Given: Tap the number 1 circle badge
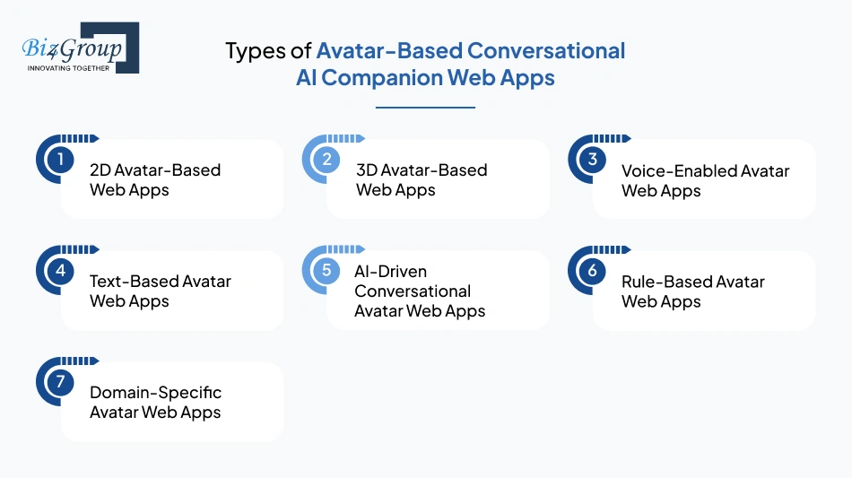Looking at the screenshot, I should [x=60, y=160].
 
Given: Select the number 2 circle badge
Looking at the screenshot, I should [x=326, y=160].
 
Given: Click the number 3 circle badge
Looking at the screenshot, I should [x=592, y=160].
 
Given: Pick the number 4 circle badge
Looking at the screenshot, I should [x=60, y=271].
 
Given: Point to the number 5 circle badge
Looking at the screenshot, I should [x=326, y=271].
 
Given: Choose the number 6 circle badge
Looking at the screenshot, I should [x=592, y=271].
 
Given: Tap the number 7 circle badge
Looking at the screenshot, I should [x=60, y=382].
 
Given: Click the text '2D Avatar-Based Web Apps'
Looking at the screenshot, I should [x=154, y=179].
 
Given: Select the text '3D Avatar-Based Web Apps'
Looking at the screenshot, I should [x=421, y=179].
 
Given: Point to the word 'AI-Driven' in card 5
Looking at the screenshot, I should [x=390, y=271].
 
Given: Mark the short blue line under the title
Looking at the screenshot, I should [x=425, y=108].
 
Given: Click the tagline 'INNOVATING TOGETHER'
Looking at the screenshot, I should [x=69, y=67].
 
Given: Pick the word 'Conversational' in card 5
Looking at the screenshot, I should [x=413, y=291].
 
